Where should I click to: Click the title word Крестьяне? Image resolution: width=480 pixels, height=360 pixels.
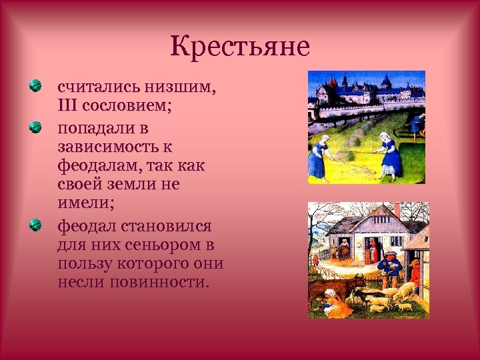[240, 47]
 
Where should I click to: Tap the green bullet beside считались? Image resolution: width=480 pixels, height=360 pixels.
[35, 86]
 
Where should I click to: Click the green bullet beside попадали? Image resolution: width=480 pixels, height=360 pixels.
[35, 125]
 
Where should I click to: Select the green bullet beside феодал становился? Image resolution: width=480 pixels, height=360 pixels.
[35, 225]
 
